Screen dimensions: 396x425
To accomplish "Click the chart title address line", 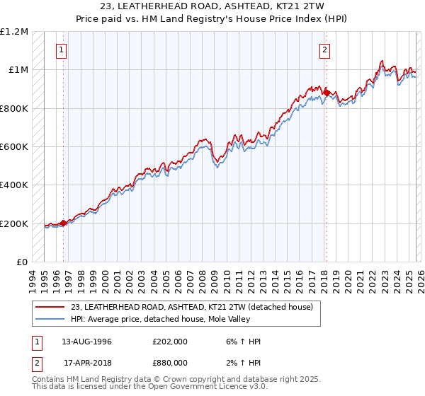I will click(212, 6).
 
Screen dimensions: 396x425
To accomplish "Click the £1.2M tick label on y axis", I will click(15, 31).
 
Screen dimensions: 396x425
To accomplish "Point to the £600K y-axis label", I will click(14, 147).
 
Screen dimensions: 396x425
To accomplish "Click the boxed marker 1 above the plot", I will click(62, 50).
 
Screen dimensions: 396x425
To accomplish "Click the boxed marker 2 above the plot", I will click(324, 50).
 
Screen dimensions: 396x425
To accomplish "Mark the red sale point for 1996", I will click(63, 223).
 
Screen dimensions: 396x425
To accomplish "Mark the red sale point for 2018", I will click(326, 92).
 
